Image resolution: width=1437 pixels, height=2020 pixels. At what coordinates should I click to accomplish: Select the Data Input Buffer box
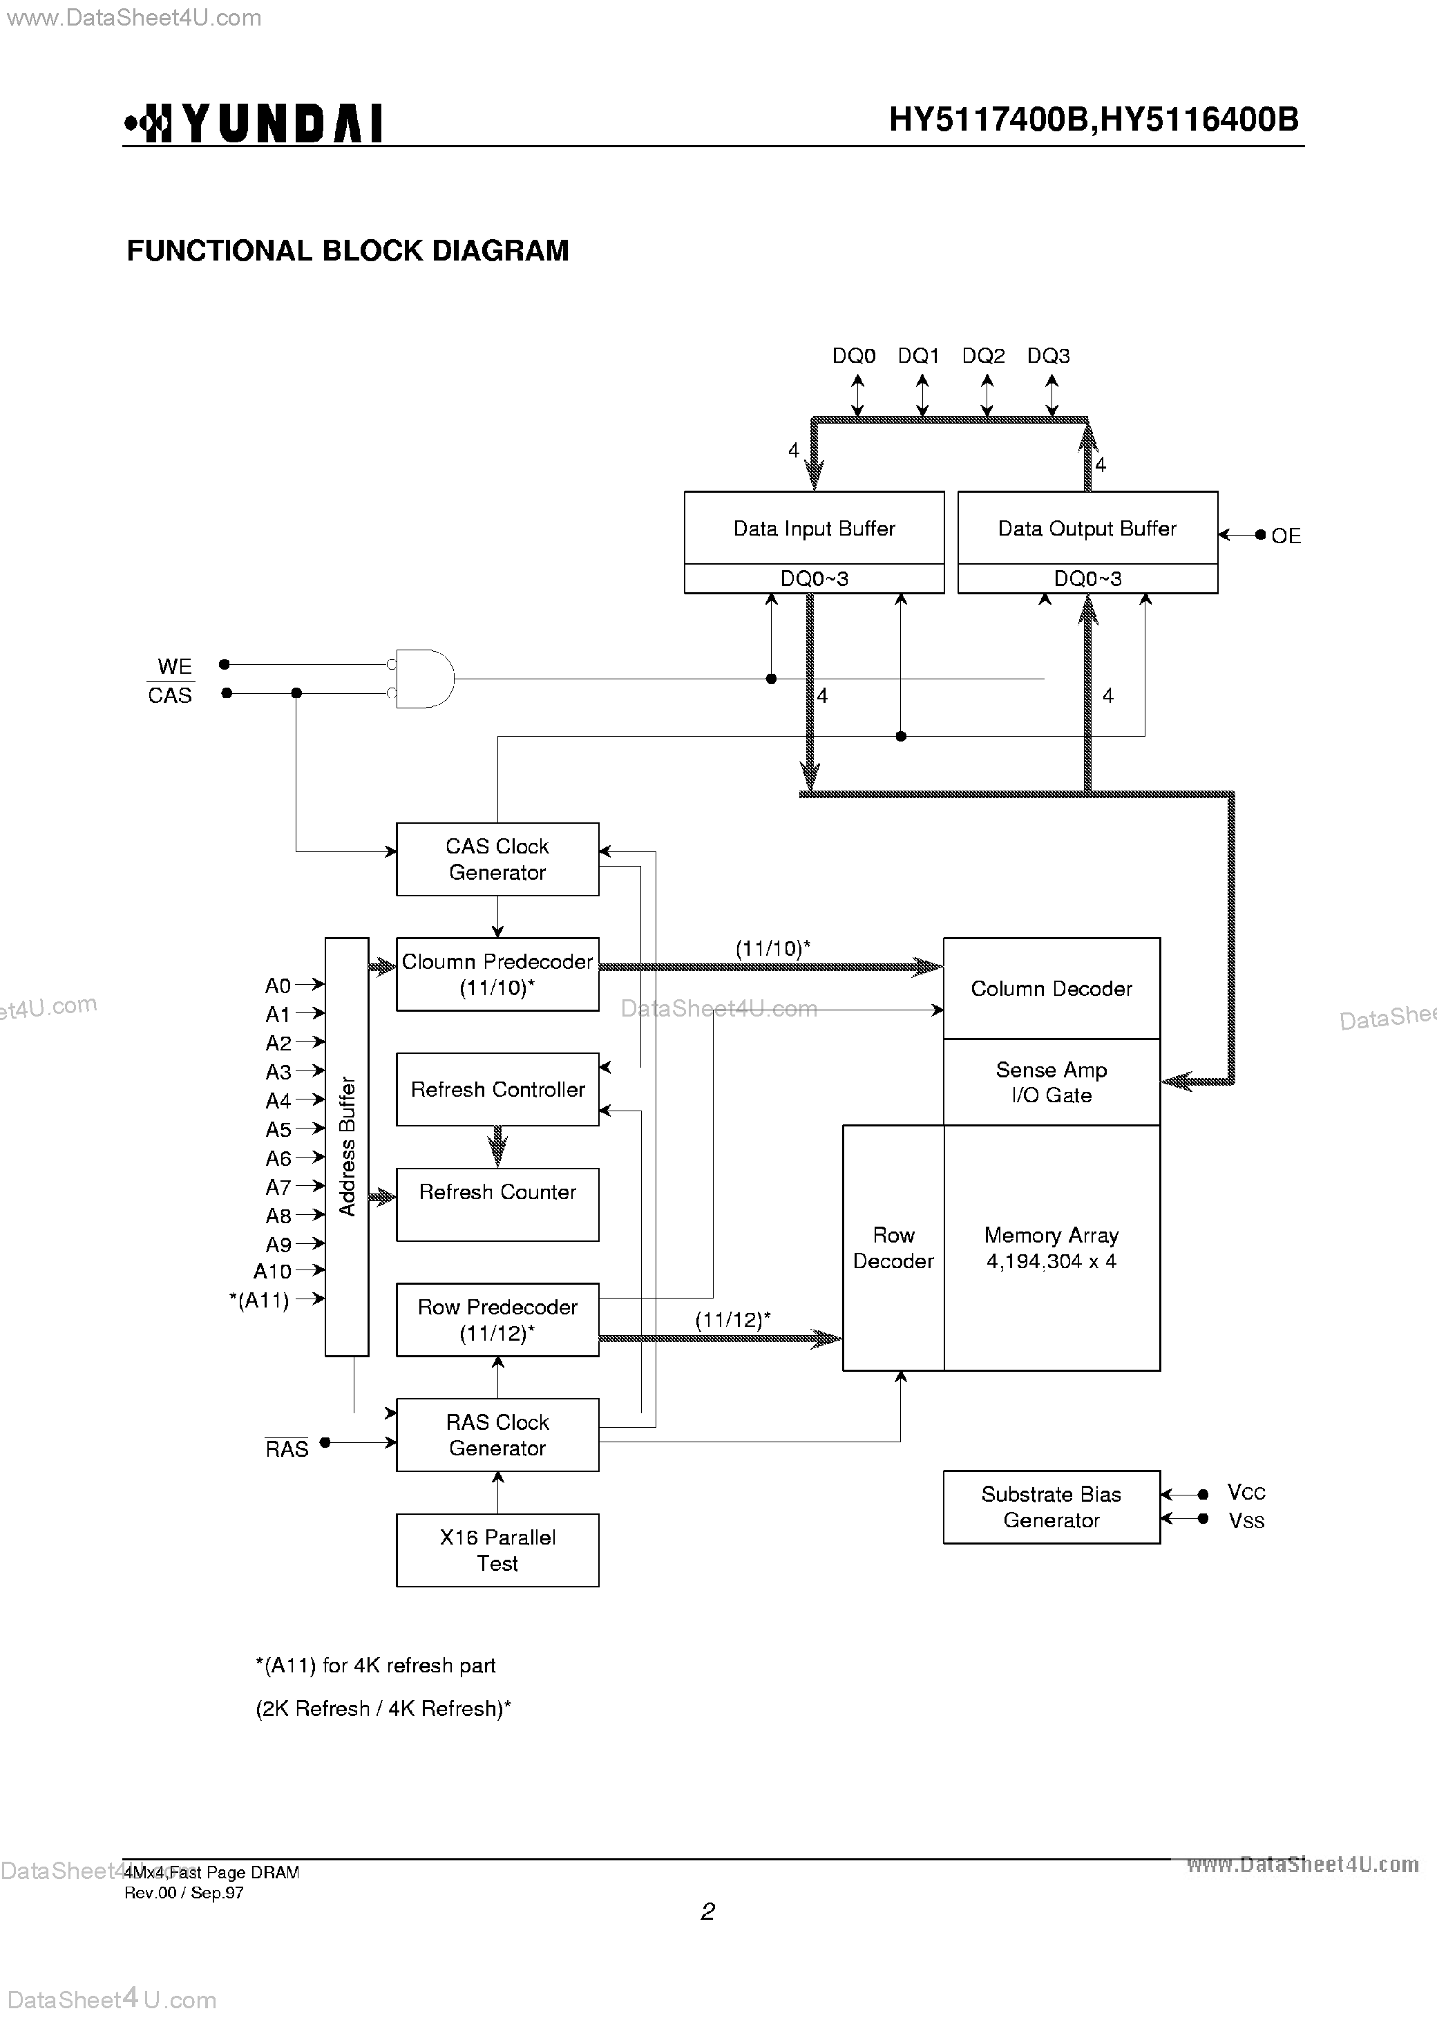pos(814,529)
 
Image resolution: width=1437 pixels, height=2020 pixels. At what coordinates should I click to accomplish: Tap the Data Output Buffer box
pos(1087,529)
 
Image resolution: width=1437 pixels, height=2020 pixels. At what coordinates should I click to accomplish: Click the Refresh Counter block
pos(497,1204)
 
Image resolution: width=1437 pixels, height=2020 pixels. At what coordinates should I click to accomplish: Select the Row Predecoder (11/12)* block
pos(497,1320)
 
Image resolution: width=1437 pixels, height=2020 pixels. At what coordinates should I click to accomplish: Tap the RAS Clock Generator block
pos(497,1435)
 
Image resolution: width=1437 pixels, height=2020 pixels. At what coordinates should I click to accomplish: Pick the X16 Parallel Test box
pos(497,1550)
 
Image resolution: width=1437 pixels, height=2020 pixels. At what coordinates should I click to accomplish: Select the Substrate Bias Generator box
pos(1051,1507)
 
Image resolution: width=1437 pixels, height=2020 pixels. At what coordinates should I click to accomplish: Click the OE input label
pos(1286,536)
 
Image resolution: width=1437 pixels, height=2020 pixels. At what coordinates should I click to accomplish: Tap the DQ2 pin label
pos(983,356)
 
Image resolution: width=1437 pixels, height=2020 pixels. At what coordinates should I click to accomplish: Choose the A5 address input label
pos(278,1129)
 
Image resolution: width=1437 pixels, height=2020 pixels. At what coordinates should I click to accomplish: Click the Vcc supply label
pos(1246,1493)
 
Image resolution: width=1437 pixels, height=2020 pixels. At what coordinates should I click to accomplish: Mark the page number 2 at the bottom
pos(708,1912)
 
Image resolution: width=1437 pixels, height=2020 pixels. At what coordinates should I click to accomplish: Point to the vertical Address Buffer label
pos(347,1146)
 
